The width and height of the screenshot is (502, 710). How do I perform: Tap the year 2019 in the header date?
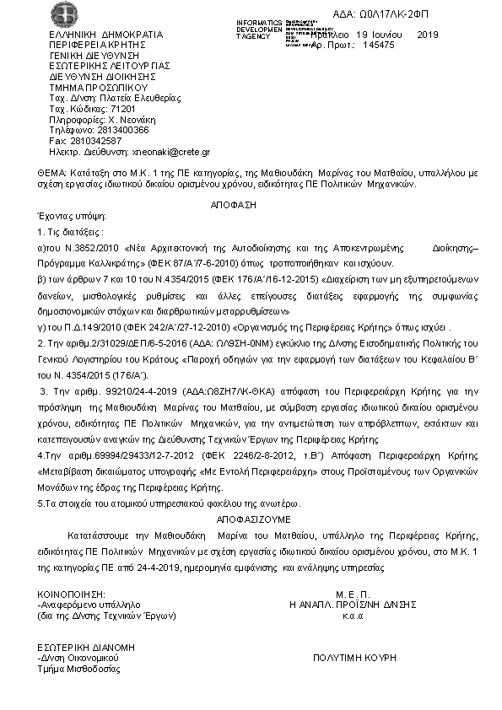428,35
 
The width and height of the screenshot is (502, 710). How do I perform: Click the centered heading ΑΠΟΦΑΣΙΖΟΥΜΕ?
253,521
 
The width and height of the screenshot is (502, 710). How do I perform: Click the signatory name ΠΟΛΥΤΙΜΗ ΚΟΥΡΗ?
354,657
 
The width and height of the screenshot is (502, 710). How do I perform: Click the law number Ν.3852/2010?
90,250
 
